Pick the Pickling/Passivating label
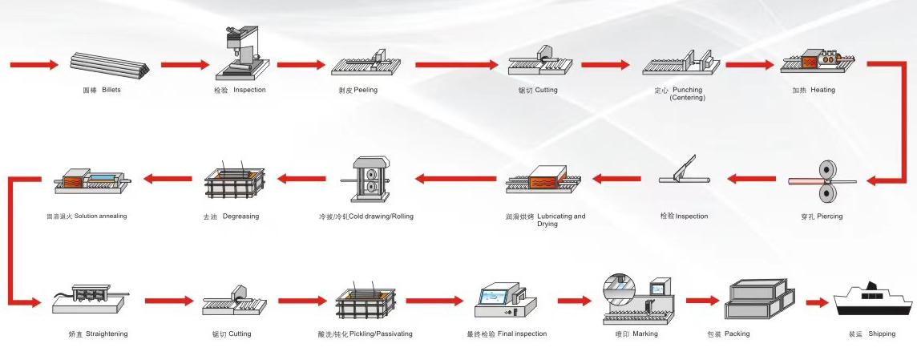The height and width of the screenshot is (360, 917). [x=365, y=334]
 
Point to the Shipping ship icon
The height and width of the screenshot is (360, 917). [x=872, y=301]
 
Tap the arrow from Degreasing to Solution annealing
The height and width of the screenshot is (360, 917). [x=168, y=179]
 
